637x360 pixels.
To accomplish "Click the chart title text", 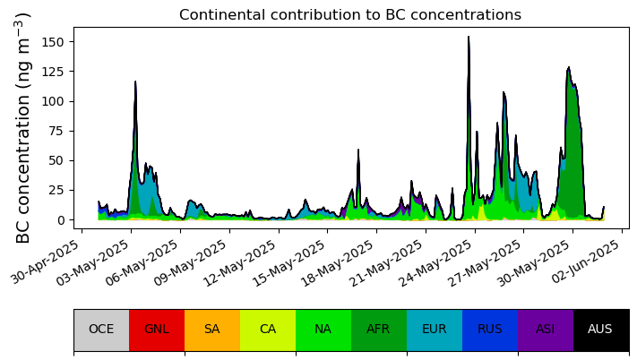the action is point(350,14).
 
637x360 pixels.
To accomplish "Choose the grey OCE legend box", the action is point(101,330).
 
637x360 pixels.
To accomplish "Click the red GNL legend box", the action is point(157,330).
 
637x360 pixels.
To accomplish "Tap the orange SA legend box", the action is point(212,330).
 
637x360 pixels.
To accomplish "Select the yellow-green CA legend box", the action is point(268,330).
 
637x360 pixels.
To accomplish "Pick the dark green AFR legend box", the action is point(379,330).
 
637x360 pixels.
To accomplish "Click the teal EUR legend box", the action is point(435,330).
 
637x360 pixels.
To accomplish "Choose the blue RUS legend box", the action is point(490,330).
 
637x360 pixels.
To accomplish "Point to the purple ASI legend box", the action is point(546,330).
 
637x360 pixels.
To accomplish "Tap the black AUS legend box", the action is point(601,330).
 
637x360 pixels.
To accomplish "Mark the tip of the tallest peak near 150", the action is point(469,37).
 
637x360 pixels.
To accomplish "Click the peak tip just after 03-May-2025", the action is point(135,81).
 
